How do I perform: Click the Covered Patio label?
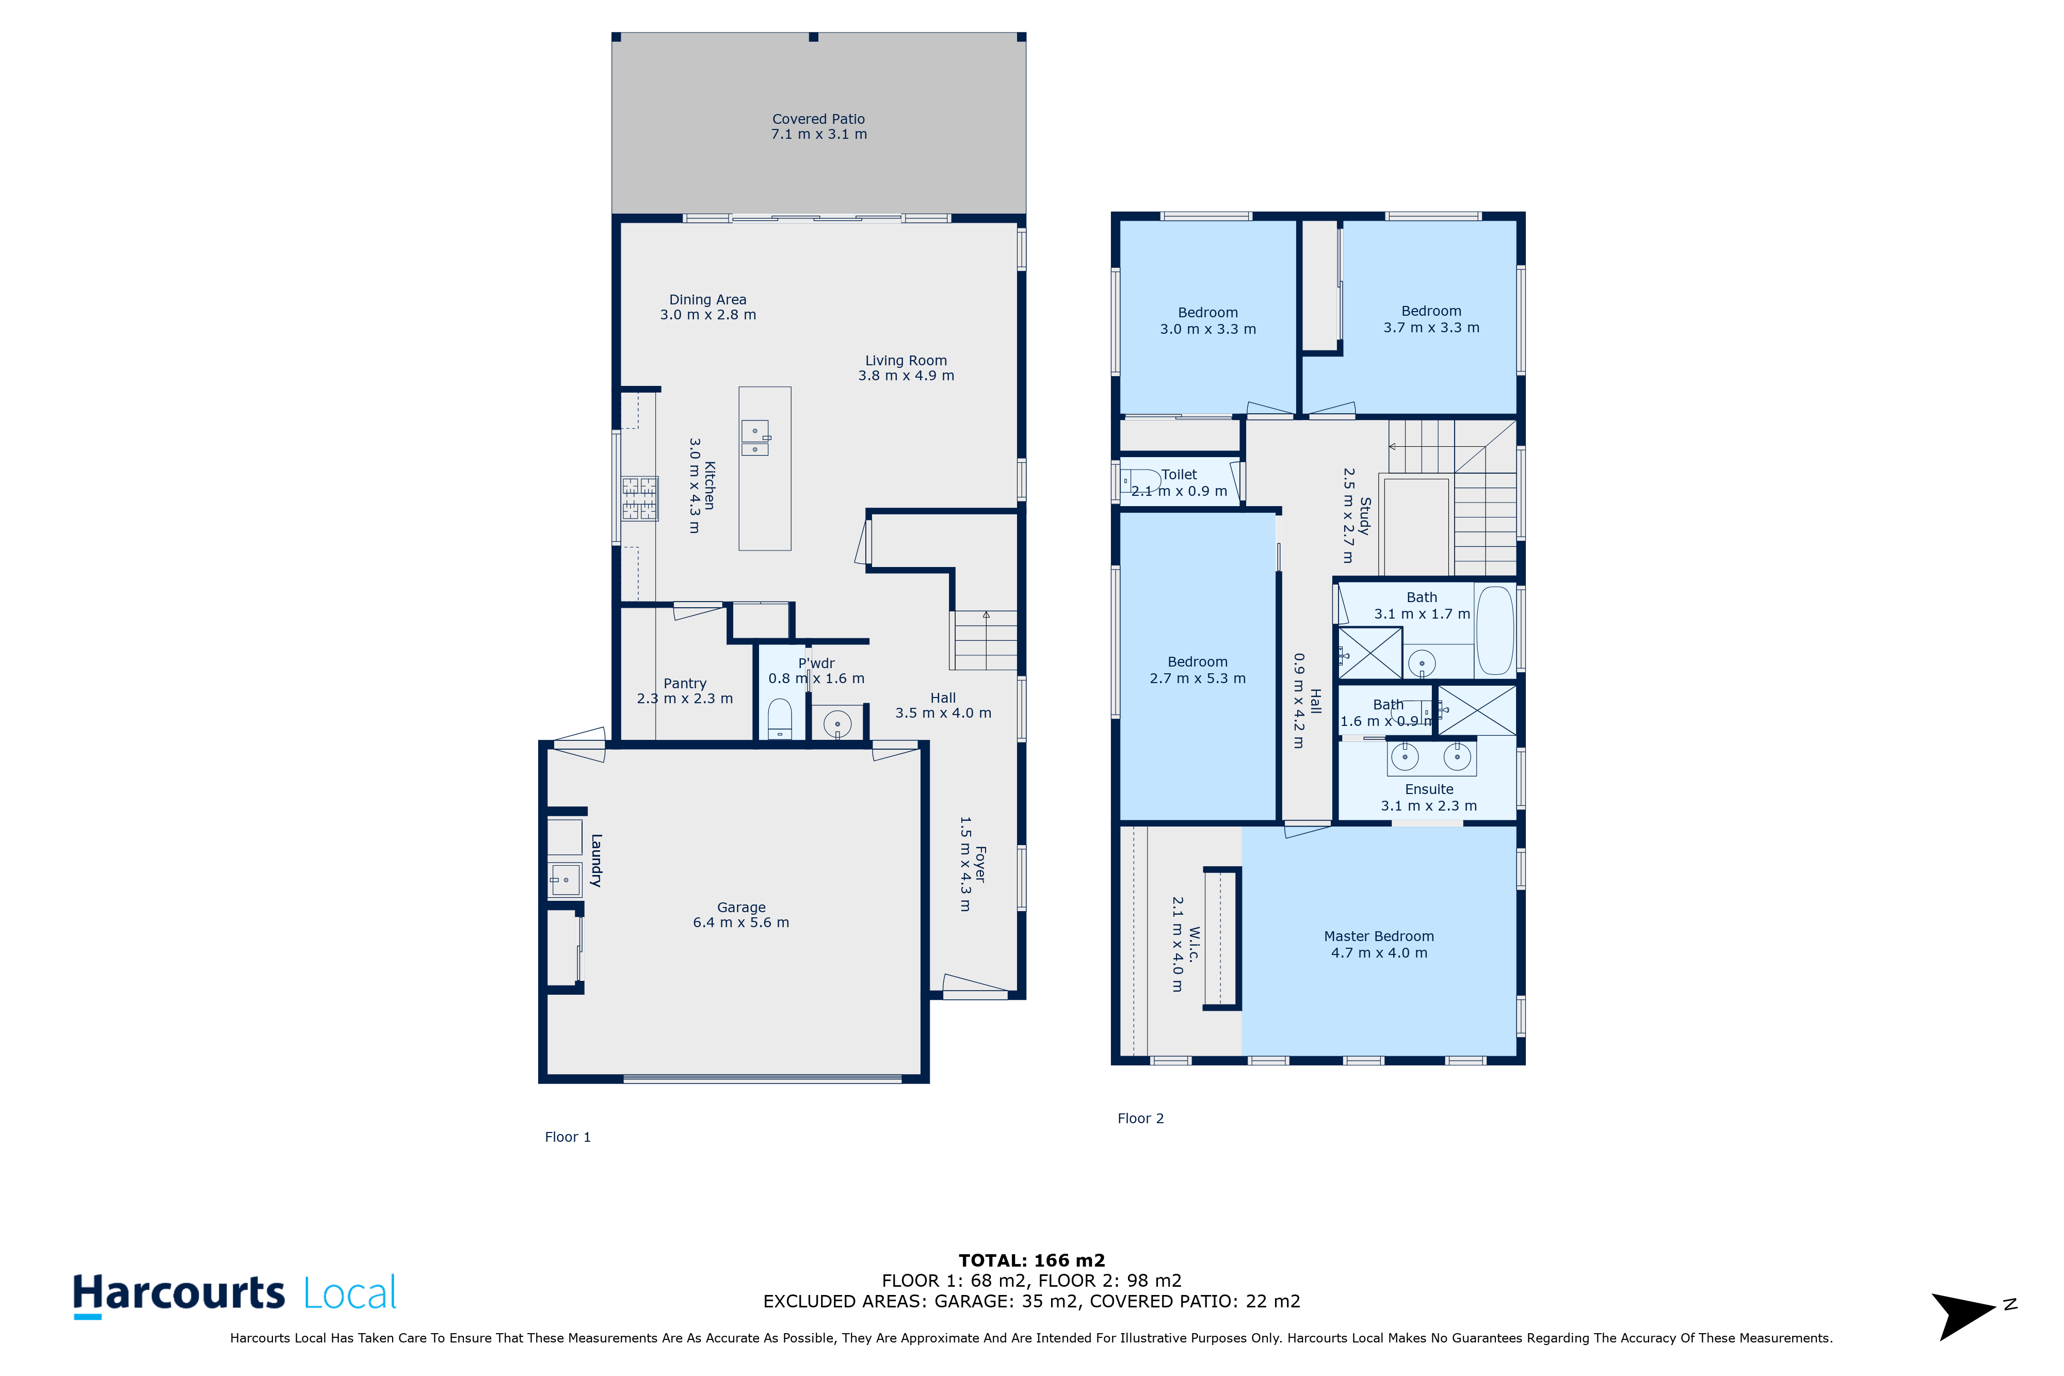click(818, 119)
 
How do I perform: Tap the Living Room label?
click(906, 361)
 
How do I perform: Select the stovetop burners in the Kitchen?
click(640, 498)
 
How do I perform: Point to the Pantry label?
click(685, 684)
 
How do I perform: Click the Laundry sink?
click(565, 879)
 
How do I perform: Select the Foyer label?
click(980, 864)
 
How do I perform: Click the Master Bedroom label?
click(1379, 936)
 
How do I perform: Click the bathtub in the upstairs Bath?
click(1494, 630)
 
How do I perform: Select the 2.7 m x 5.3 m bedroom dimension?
click(1197, 678)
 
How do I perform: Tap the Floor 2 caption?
click(1140, 1118)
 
